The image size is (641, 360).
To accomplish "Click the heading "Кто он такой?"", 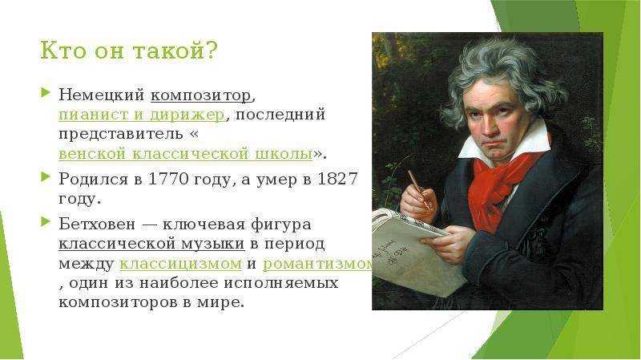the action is (x=128, y=51).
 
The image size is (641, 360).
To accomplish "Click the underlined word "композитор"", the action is (x=201, y=95).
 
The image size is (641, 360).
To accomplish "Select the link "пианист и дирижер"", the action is (x=142, y=115).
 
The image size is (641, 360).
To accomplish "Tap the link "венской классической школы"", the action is (x=186, y=154).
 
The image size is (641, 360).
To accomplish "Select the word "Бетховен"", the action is (x=97, y=224).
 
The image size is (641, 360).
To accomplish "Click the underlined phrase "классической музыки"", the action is (x=151, y=245).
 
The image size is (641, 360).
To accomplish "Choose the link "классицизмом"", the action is (x=181, y=264).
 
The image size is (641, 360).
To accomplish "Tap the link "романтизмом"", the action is (x=317, y=264).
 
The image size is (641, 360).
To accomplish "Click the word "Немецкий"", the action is (x=102, y=95).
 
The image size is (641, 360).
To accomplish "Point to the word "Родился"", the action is (x=93, y=180).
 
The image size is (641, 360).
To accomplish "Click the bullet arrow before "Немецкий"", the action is (x=46, y=92).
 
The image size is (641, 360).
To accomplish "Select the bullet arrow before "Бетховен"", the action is (x=46, y=222).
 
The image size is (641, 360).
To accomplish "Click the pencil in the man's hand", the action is (x=419, y=190).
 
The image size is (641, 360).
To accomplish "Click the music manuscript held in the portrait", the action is (x=413, y=249).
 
